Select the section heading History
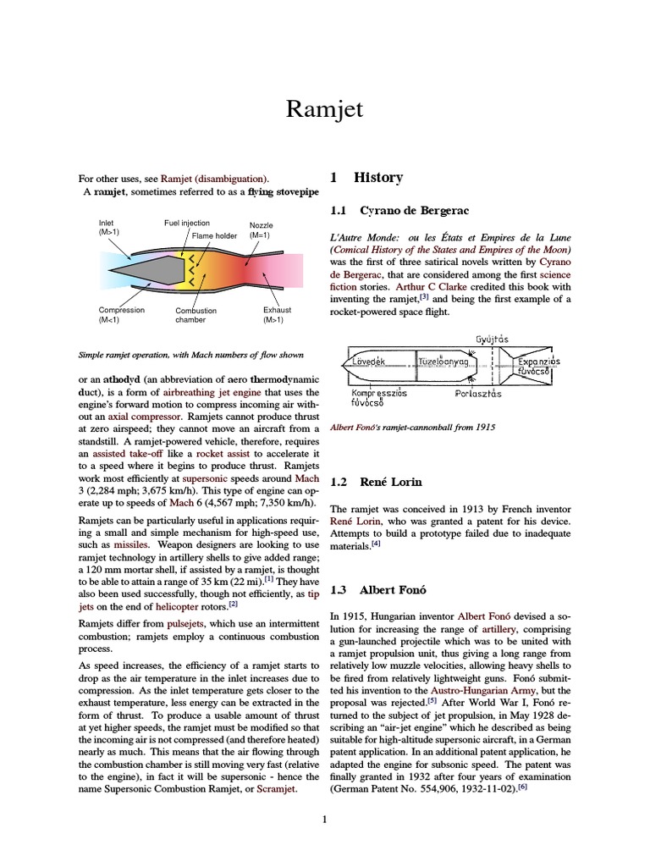coord(378,178)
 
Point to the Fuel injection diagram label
coord(186,223)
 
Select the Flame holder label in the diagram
coord(214,235)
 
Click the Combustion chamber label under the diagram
coord(196,315)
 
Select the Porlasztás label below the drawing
coord(478,394)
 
